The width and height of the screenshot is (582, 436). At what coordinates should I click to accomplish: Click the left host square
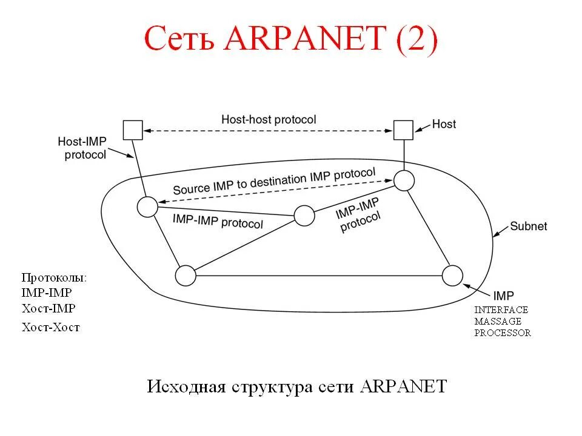(133, 130)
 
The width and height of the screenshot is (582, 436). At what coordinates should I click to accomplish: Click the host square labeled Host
(403, 130)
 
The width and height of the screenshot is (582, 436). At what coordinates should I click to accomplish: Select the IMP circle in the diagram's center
(304, 216)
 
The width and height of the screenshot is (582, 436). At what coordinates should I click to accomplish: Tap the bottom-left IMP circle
(186, 276)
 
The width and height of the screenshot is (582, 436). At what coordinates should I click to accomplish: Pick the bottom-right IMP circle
(452, 276)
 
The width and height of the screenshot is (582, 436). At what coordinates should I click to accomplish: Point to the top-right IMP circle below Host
(404, 180)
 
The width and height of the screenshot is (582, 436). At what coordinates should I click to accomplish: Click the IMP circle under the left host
(147, 207)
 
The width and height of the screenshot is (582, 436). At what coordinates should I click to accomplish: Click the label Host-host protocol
(269, 120)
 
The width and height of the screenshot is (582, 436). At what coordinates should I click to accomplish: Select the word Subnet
(528, 226)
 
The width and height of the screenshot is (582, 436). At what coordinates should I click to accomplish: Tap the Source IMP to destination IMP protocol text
(274, 181)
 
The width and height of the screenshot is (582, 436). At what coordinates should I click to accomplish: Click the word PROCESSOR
(503, 332)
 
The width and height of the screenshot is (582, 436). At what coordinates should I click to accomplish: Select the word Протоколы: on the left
(54, 278)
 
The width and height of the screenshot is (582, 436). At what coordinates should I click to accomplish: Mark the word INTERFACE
(501, 309)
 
